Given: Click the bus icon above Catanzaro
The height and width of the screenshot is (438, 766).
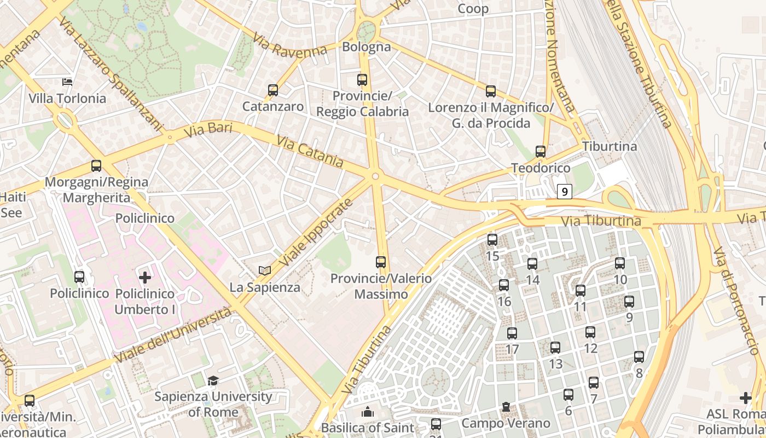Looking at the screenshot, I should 273,90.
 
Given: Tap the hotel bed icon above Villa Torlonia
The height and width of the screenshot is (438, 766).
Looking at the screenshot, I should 67,82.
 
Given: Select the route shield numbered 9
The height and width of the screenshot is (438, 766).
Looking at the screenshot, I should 565,192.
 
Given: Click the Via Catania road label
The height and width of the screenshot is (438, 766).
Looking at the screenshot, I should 310,152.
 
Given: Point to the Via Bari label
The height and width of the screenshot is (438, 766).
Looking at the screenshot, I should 208,130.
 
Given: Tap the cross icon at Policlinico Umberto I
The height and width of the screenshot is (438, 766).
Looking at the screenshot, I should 145,278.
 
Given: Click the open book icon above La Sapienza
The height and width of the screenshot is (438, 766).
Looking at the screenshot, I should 265,270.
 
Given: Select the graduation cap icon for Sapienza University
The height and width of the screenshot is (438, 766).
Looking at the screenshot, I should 213,381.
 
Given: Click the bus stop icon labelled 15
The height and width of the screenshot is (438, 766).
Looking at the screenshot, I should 492,240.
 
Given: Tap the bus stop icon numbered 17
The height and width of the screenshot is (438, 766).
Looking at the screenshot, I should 512,333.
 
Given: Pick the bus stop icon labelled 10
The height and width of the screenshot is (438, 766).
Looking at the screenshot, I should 620,263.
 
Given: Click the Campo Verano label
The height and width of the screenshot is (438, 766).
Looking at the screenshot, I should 506,423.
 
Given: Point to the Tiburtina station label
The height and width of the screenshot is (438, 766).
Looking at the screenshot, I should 610,147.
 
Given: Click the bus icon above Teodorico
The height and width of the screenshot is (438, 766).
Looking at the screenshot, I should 541,152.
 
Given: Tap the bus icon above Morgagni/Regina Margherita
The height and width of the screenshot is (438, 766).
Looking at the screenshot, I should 96,166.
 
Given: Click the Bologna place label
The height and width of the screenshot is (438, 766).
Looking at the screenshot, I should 367,47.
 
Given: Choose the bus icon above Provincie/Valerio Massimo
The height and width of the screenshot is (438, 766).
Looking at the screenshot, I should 381,262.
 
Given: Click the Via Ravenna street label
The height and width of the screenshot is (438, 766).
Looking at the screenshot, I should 290,45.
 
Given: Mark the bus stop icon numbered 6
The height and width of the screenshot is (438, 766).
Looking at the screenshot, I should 568,394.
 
